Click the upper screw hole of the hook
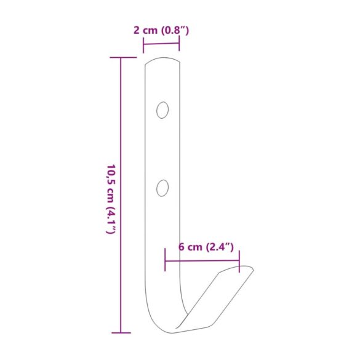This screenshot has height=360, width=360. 162,110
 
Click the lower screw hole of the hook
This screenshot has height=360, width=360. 162,188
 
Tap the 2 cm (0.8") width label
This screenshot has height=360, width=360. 161,30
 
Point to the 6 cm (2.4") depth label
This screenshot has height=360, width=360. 206,247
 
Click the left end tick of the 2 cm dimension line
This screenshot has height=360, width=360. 143,45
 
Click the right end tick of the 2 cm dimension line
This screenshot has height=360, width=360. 179,44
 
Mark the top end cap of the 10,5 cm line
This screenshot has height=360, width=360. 123,57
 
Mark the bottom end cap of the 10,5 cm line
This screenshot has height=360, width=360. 121,333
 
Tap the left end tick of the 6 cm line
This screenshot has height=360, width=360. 165,260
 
